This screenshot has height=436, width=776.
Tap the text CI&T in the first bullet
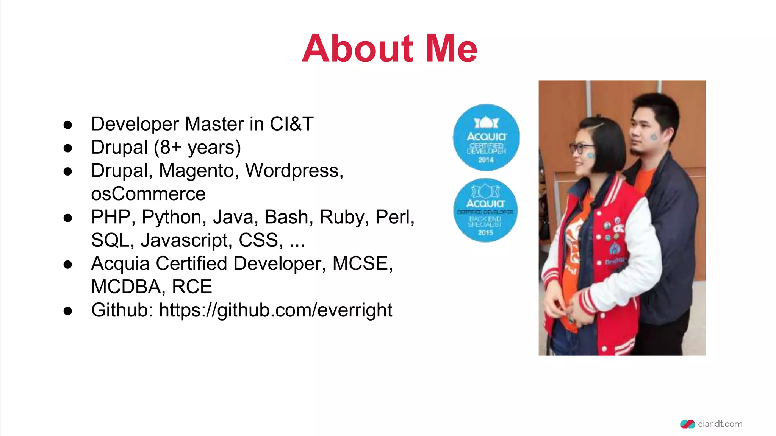[x=291, y=124]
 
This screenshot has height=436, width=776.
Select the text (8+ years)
[x=197, y=147]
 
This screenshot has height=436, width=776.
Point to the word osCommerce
[x=148, y=194]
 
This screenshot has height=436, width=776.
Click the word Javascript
[x=186, y=240]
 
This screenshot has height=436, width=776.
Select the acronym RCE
[x=192, y=287]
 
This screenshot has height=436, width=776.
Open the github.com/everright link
[x=275, y=310]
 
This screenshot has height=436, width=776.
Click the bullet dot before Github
[x=68, y=311]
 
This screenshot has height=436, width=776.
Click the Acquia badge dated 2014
[x=486, y=137]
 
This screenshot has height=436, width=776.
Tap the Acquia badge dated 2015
[x=485, y=210]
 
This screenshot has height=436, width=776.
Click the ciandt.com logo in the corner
[x=711, y=424]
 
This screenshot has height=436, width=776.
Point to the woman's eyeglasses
[x=581, y=147]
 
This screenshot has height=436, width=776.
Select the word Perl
[x=394, y=217]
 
